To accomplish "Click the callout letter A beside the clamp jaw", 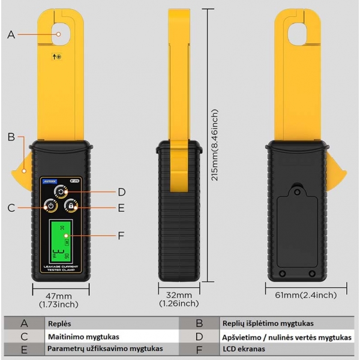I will coord(11,35).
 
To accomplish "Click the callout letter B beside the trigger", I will coord(11,137).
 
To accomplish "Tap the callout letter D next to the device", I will coord(121,192).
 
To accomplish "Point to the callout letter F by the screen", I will coord(121,235).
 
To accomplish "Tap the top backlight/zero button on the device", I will coord(61,191).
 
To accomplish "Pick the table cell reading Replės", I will coord(56,323).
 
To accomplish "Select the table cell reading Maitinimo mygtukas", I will coord(84,336).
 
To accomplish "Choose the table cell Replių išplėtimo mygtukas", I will coord(268,323).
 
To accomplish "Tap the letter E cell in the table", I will coord(25,349).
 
